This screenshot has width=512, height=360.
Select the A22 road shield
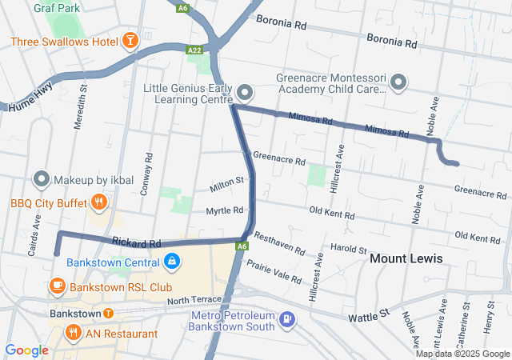click(194, 50)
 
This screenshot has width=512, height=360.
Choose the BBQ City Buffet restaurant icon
click(99, 203)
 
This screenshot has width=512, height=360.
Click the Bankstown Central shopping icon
click(171, 262)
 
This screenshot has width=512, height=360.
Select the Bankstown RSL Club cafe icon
click(58, 286)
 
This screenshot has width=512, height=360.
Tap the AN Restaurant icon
click(74, 331)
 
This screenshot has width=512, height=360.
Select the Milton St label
click(226, 184)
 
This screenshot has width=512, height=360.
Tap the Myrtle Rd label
click(224, 210)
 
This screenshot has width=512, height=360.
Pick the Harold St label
click(348, 250)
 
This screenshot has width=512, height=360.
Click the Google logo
click(26, 350)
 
